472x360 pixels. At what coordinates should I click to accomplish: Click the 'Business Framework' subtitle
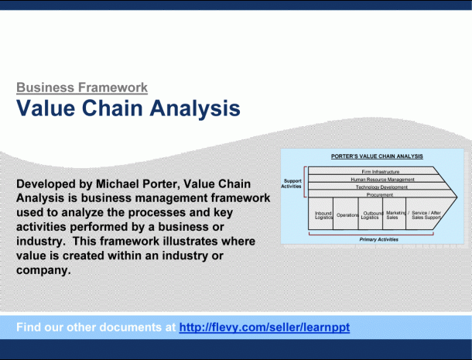coord(82,87)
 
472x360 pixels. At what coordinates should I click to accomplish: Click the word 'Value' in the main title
coord(46,108)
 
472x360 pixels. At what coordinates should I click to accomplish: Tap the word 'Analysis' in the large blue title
coord(195,108)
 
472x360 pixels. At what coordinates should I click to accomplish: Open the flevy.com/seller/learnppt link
coord(265,327)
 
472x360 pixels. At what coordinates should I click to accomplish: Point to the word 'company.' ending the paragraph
coord(43,270)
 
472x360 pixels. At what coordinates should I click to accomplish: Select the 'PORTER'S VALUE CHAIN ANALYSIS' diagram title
coord(377,156)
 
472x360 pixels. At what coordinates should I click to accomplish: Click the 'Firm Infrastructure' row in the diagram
coord(381,172)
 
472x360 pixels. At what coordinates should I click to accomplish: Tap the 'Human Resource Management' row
coord(382,180)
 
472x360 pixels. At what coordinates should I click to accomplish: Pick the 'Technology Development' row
coord(381,187)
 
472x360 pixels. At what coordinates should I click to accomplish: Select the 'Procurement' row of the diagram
coord(380,195)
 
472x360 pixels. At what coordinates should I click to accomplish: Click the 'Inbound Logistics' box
coord(321,214)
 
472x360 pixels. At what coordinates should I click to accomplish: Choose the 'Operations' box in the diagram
coord(346,214)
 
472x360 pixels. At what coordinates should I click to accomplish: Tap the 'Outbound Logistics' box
coord(371,214)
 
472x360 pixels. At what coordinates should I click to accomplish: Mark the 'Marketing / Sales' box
coord(395,214)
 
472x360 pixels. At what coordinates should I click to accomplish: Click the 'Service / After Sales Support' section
coord(426,214)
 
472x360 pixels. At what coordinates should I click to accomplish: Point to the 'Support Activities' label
coord(292,183)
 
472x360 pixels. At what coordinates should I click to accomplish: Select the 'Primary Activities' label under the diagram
coord(378,239)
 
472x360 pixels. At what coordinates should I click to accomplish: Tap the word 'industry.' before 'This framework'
coord(41,242)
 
